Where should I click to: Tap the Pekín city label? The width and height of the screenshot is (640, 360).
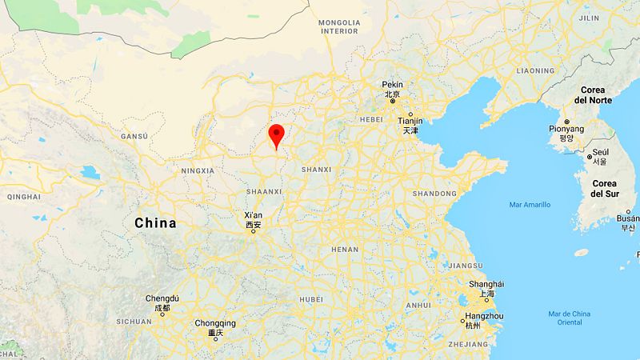pos(392,84)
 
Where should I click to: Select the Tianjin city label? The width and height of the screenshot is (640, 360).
pos(410,120)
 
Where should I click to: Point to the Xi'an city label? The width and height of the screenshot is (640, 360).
pos(253,215)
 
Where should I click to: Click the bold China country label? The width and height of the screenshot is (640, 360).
pos(155,223)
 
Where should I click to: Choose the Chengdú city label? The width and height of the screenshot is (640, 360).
pos(162,298)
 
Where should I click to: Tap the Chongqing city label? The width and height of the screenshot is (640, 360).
pos(215,323)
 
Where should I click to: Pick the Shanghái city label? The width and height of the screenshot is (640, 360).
pos(486,284)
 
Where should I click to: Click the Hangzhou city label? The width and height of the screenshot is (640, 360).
pos(485,316)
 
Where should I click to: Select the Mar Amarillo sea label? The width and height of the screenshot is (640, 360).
pos(530,205)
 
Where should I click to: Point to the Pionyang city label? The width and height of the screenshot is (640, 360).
pos(566,129)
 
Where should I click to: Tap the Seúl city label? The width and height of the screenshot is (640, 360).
pos(600,152)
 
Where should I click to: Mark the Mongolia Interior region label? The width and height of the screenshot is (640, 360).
pos(339,26)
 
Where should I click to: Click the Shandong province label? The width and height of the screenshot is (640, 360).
pos(434,194)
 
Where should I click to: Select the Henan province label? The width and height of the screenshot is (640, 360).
pos(345,250)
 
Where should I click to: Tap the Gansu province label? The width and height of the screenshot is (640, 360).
pos(134,137)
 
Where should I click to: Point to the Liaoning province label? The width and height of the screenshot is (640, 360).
pos(535,70)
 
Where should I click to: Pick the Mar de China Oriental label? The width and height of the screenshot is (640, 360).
pos(570,318)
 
